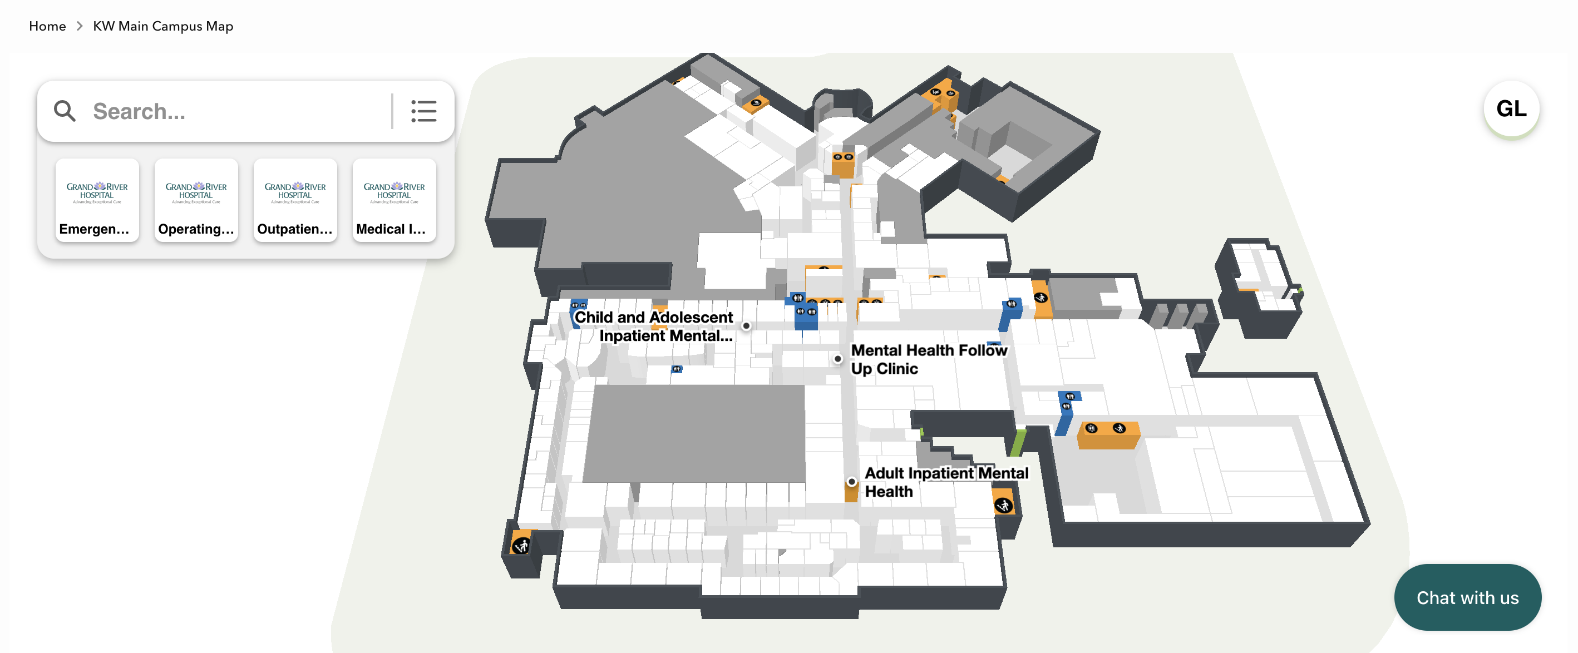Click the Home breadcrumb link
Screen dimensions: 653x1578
coord(47,26)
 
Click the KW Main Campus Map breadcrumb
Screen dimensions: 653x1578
coord(163,26)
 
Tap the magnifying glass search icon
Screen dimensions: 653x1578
coord(65,111)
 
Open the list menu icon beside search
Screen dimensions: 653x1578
coord(423,111)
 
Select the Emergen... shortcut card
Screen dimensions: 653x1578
coord(97,200)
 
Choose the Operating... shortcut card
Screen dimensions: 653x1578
coord(196,200)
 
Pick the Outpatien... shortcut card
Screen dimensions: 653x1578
coord(295,200)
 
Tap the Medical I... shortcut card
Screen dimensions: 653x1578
coord(394,200)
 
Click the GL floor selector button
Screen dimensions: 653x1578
coord(1511,109)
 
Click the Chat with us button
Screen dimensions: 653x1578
coord(1467,597)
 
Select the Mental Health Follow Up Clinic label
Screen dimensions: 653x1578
coord(928,359)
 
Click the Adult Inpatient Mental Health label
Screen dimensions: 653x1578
coord(946,482)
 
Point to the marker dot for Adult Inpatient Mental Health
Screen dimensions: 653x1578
coord(851,482)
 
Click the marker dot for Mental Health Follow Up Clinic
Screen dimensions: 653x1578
coord(838,359)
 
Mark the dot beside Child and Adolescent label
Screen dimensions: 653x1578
coord(746,326)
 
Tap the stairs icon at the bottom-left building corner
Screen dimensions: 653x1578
coord(521,545)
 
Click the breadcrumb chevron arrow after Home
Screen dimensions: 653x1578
coord(80,26)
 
